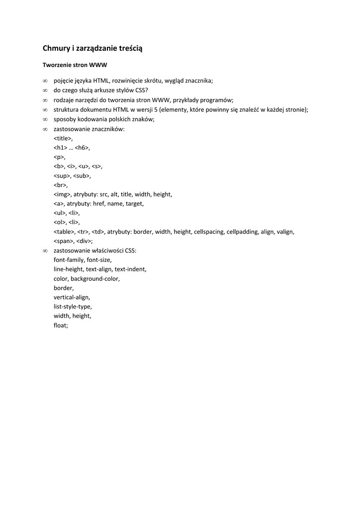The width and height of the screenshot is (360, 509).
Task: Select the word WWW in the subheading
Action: point(98,65)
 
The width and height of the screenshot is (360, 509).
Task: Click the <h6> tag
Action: point(82,148)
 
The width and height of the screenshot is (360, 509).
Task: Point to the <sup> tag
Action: point(62,175)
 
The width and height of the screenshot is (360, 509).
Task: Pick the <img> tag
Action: point(62,194)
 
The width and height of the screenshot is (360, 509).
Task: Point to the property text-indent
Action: point(130,269)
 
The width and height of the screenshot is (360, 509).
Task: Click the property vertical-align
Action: point(72,297)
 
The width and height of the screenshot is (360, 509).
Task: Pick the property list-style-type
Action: point(73,306)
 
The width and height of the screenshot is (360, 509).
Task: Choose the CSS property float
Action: point(61,325)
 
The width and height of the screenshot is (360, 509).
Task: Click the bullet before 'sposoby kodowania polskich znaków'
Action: point(45,119)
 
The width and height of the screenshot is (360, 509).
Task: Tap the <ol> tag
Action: point(60,222)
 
